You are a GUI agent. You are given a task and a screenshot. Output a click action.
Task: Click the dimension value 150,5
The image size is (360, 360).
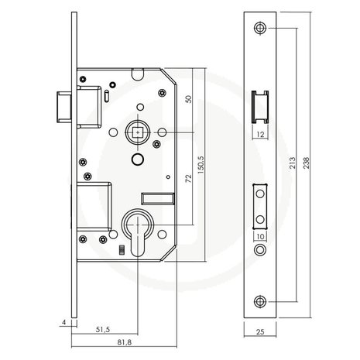(201, 165)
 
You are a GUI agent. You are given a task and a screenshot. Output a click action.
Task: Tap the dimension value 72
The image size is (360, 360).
(189, 179)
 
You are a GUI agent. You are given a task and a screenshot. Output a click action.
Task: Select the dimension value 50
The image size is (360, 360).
(189, 99)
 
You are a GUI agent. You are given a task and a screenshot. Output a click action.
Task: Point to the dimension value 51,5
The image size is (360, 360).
(103, 329)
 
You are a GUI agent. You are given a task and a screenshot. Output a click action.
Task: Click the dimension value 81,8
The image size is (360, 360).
(125, 342)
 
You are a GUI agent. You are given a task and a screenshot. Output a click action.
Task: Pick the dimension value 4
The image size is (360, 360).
(64, 322)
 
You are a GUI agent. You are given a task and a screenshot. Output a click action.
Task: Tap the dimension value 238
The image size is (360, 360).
(306, 163)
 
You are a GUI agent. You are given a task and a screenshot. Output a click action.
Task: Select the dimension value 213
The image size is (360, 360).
(292, 163)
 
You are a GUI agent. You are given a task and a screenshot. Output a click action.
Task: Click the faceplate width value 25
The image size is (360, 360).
(260, 331)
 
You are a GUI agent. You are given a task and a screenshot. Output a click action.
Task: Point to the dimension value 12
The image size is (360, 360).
(261, 135)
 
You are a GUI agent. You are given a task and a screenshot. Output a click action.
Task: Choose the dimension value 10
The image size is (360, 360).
(261, 236)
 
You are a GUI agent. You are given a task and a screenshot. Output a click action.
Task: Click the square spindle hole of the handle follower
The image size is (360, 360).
(138, 132)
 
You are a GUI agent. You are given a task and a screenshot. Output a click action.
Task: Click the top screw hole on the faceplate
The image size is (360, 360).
(260, 28)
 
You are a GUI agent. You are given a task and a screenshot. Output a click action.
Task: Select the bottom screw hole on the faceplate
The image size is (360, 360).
(260, 301)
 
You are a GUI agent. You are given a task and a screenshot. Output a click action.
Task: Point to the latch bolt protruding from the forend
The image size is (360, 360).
(64, 107)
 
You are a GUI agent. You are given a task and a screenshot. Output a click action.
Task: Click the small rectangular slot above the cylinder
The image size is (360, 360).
(158, 199)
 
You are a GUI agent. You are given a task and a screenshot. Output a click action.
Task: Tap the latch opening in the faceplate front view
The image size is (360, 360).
(260, 107)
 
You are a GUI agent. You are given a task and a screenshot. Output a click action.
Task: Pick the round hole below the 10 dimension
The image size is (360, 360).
(260, 250)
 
